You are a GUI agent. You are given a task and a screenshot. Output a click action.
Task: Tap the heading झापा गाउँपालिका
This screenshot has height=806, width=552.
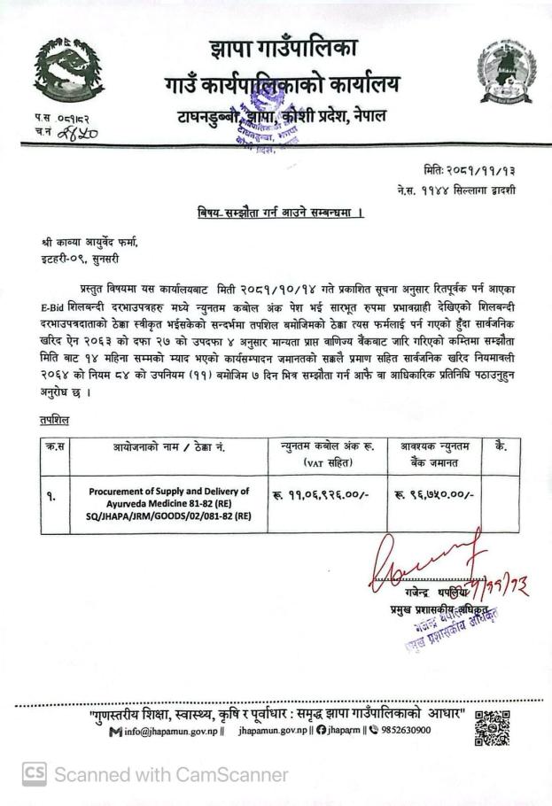[281, 50]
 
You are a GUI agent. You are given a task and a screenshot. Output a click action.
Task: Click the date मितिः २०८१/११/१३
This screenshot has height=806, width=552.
[457, 169]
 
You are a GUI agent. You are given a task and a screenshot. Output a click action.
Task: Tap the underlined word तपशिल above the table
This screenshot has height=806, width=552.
[56, 419]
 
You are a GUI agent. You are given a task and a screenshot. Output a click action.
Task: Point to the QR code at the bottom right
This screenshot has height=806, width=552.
[492, 727]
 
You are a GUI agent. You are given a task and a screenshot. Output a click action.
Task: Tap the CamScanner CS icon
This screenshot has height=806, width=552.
[34, 775]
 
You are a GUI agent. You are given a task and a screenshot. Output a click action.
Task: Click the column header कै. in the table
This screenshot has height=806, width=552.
[501, 447]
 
